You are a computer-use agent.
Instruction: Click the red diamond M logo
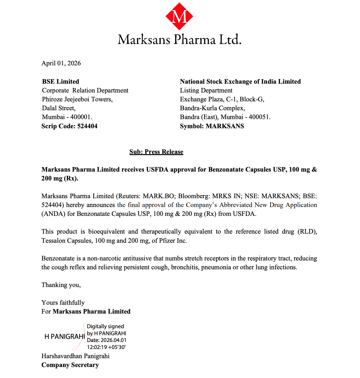(x=179, y=16)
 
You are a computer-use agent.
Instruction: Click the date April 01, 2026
(x=61, y=63)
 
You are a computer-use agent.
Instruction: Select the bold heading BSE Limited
(x=61, y=82)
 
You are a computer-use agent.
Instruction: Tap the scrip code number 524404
(x=87, y=126)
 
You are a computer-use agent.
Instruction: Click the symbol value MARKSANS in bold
(x=225, y=126)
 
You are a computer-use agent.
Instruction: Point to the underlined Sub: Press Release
(x=156, y=152)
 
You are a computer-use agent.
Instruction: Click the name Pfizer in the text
(x=167, y=241)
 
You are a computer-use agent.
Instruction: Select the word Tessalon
(x=53, y=241)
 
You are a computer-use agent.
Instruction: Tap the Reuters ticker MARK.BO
(x=159, y=196)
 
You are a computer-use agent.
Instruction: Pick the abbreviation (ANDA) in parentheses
(x=53, y=214)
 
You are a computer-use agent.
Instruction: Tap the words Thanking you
(x=61, y=285)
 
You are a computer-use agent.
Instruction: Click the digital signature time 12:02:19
(x=97, y=347)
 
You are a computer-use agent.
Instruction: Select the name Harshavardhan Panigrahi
(x=75, y=356)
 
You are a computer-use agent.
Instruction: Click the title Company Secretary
(x=70, y=365)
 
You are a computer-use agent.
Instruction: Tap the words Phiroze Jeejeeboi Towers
(x=77, y=99)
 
